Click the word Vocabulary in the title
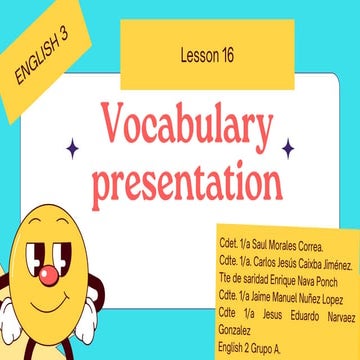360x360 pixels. [180, 127]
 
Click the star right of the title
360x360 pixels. [288, 149]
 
